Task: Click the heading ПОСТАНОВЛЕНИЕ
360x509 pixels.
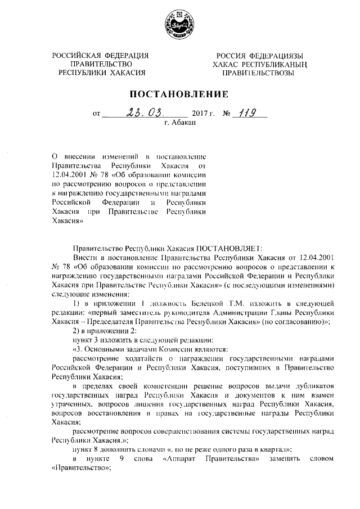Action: [179, 94]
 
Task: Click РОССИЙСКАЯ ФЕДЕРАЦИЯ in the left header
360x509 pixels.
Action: [101, 56]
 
